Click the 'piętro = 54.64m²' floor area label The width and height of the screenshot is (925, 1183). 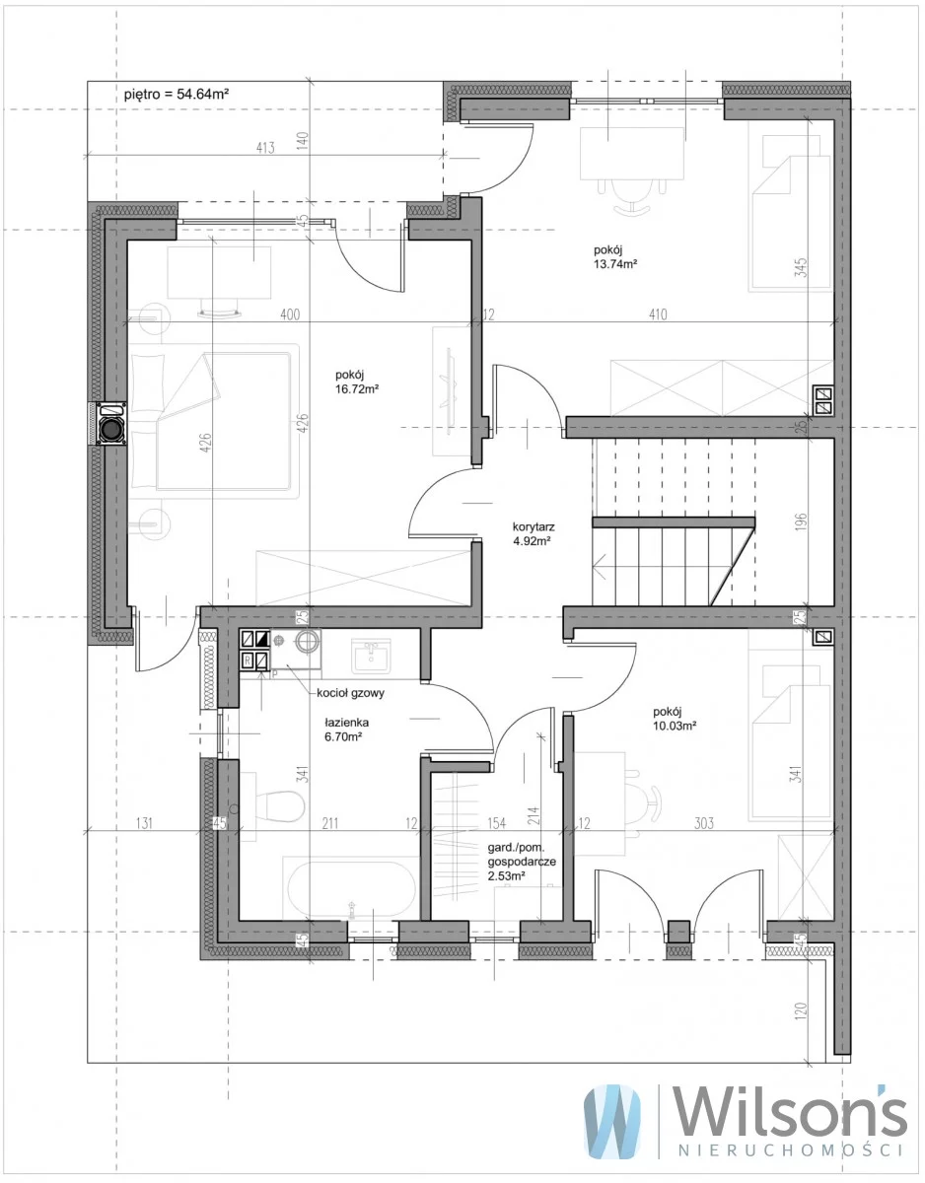(176, 95)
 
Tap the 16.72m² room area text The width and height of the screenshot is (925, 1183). (357, 389)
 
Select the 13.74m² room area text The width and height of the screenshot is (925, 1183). (615, 264)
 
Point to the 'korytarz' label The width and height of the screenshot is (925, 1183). (534, 527)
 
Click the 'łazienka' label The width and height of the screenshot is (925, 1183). (347, 723)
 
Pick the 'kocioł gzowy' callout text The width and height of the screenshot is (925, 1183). (351, 693)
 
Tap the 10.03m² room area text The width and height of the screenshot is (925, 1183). (676, 726)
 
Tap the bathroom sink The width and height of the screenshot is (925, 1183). (372, 656)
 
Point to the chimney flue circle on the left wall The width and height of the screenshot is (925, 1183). (112, 430)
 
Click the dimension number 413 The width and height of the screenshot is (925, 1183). (265, 148)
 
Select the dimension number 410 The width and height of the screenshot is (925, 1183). (658, 314)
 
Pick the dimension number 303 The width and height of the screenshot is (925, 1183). (703, 822)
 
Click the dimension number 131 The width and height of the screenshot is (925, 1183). (144, 822)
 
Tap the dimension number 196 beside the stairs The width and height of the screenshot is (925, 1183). (800, 522)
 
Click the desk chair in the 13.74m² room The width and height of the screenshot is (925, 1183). (632, 196)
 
